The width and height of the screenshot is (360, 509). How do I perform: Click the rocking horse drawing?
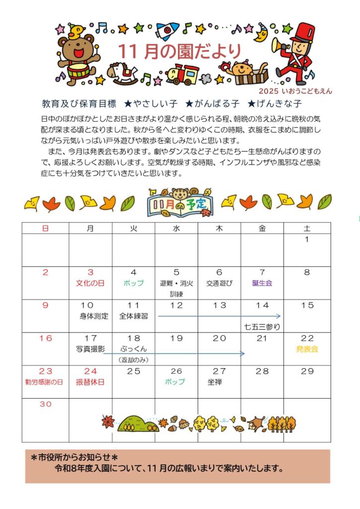(122, 74)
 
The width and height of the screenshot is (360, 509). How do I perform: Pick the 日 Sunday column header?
(45, 228)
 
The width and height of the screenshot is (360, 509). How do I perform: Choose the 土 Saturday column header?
(307, 228)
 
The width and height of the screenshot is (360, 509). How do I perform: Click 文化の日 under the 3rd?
(90, 283)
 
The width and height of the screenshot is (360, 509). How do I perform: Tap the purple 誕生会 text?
(262, 283)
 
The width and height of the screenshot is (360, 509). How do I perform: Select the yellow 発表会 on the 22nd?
(307, 349)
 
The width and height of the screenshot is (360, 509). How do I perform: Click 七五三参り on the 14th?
(262, 327)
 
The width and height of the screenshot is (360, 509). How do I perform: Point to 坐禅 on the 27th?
(215, 382)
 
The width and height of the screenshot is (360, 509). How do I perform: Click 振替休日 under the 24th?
(90, 382)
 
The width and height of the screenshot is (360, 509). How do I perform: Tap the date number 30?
(45, 404)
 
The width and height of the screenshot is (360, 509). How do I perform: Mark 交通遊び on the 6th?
(219, 283)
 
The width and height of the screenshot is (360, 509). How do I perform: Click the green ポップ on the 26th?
(176, 382)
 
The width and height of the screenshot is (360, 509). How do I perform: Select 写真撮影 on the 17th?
(90, 349)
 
